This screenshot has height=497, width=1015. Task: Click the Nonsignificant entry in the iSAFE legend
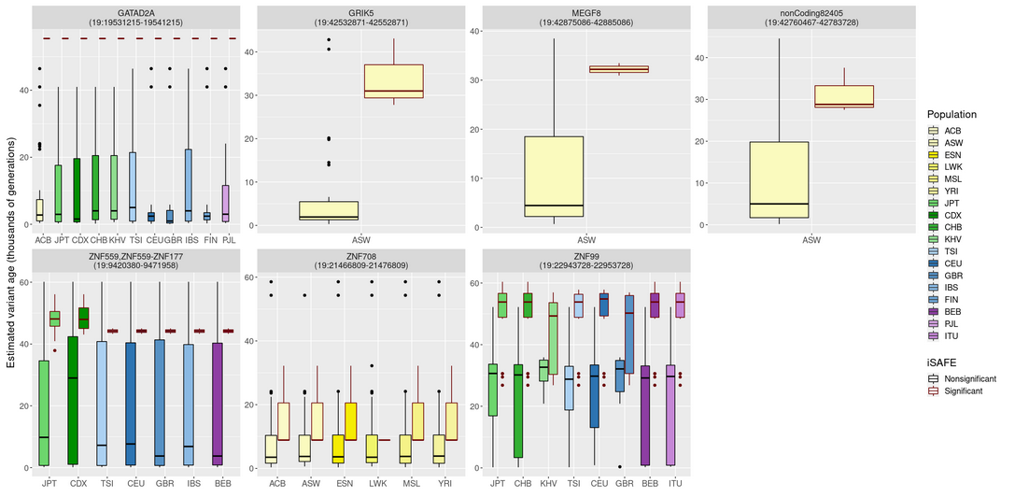click(970, 379)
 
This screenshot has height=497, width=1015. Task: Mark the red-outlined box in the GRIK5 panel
click(394, 81)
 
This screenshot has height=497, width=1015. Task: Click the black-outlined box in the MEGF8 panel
click(555, 177)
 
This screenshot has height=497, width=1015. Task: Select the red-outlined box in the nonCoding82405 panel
click(843, 97)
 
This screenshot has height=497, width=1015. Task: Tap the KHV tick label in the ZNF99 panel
click(548, 484)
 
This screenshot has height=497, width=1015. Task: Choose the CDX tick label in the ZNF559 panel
click(78, 484)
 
